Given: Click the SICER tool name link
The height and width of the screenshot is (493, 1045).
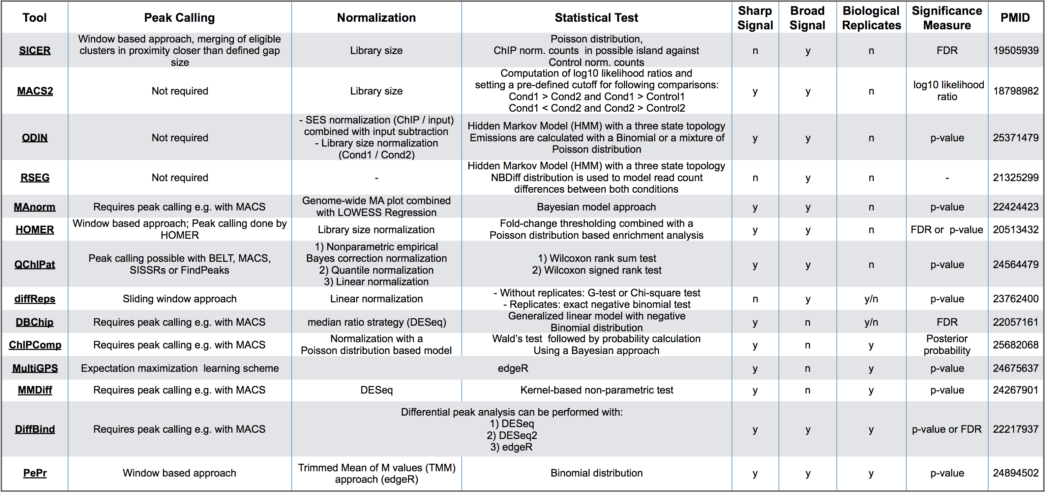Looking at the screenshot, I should point(35,51).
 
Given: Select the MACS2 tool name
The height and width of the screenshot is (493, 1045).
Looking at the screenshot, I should point(35,91).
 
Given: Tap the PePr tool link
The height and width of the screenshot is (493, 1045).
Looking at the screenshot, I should point(35,473).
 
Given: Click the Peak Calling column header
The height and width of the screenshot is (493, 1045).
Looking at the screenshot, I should point(179,18).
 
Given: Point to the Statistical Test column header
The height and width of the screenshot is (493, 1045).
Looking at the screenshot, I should point(596,18).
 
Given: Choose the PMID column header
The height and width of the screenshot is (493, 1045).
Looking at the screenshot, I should point(1015,18).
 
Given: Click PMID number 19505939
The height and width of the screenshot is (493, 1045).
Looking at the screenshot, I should point(1015,51).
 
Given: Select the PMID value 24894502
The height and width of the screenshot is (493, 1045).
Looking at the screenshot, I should point(1015,473).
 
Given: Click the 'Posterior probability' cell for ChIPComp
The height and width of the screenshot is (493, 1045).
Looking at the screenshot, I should point(947,344).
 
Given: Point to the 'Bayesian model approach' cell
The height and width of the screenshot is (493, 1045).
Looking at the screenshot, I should point(596,207).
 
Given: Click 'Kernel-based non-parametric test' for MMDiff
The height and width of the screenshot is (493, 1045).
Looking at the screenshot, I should point(596,390).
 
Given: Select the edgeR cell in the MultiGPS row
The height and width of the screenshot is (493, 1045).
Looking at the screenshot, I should point(513,369).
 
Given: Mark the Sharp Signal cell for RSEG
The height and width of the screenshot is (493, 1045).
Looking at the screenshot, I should point(755,178).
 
